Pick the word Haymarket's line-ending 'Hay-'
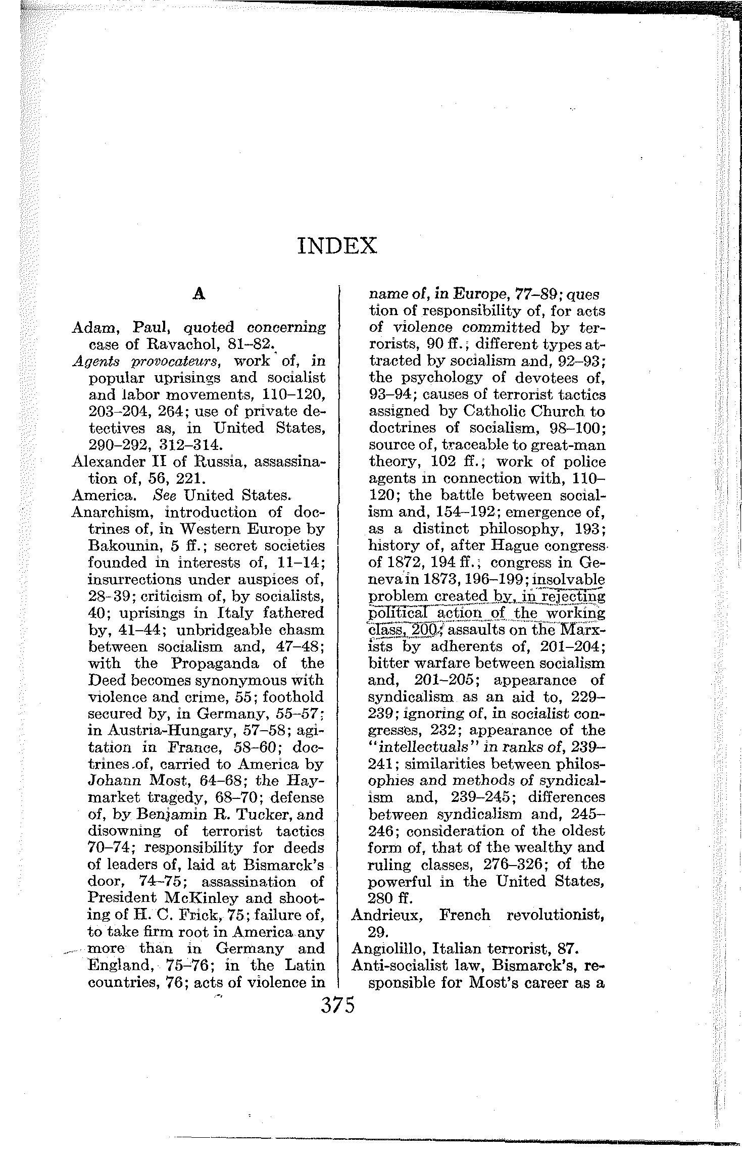(306, 781)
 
